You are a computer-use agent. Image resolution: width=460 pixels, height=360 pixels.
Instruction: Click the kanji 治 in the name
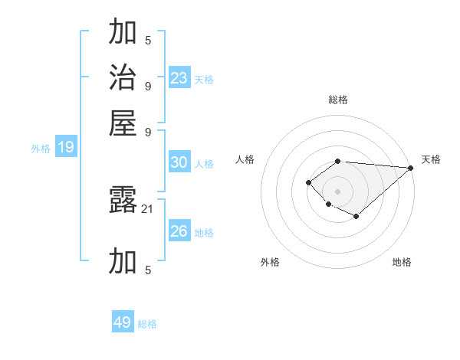pos(123,78)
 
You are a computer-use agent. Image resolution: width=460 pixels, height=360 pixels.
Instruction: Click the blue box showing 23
pos(179,77)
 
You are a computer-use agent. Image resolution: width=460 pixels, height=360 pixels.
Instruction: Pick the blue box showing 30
pos(179,162)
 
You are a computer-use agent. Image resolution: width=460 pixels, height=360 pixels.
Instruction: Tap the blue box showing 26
pos(179,231)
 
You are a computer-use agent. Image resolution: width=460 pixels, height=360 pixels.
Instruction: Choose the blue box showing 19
pos(66,148)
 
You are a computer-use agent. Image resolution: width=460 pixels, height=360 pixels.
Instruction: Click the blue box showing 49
pos(123,322)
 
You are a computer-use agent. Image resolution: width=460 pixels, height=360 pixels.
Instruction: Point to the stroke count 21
pos(148,208)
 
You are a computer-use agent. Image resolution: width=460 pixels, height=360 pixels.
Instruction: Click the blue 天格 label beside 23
pos(204,79)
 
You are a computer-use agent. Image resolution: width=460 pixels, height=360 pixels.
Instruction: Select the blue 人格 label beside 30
pos(204,164)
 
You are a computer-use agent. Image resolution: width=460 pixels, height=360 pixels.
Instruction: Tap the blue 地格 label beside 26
pos(204,233)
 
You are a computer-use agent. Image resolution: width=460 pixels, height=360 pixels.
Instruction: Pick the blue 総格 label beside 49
pos(147,324)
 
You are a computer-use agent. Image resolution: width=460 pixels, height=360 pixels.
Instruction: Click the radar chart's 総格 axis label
pos(337,100)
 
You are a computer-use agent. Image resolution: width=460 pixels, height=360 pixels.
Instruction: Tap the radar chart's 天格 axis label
pos(431,159)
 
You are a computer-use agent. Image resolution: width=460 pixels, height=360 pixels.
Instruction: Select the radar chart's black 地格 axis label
pos(402,262)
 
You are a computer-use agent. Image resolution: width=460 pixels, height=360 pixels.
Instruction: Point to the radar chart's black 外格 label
pos(270,262)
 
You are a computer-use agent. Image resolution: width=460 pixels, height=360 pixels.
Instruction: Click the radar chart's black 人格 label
pos(245,159)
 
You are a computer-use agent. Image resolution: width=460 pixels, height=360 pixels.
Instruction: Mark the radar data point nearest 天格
pos(411,167)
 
